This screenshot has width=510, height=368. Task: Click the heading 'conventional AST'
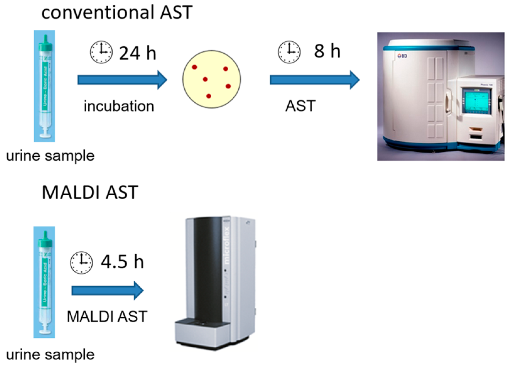tap(117, 13)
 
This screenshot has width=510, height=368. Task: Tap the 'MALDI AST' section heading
tap(90, 192)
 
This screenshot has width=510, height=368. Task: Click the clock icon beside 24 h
tap(101, 52)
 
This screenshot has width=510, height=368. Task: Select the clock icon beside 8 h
tap(289, 52)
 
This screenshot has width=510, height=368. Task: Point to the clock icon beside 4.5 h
tap(81, 262)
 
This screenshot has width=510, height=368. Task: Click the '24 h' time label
tap(138, 53)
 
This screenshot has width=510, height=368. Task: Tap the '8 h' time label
tap(327, 51)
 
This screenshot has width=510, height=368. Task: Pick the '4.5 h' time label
tap(122, 262)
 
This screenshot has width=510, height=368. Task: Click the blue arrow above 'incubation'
tap(122, 80)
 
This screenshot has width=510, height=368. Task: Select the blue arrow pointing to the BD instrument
tap(314, 80)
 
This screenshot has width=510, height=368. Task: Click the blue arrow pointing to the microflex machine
tap(107, 290)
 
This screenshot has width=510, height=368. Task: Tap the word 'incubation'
tap(119, 106)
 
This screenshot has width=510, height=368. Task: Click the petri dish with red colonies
tap(212, 79)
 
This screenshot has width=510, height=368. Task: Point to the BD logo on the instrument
tap(402, 56)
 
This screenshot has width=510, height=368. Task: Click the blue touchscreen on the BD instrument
tap(477, 101)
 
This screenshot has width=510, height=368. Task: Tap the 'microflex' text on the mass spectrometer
tap(226, 245)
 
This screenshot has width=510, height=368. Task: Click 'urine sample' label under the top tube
tap(50, 156)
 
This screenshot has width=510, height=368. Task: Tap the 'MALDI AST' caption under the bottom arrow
tap(107, 316)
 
